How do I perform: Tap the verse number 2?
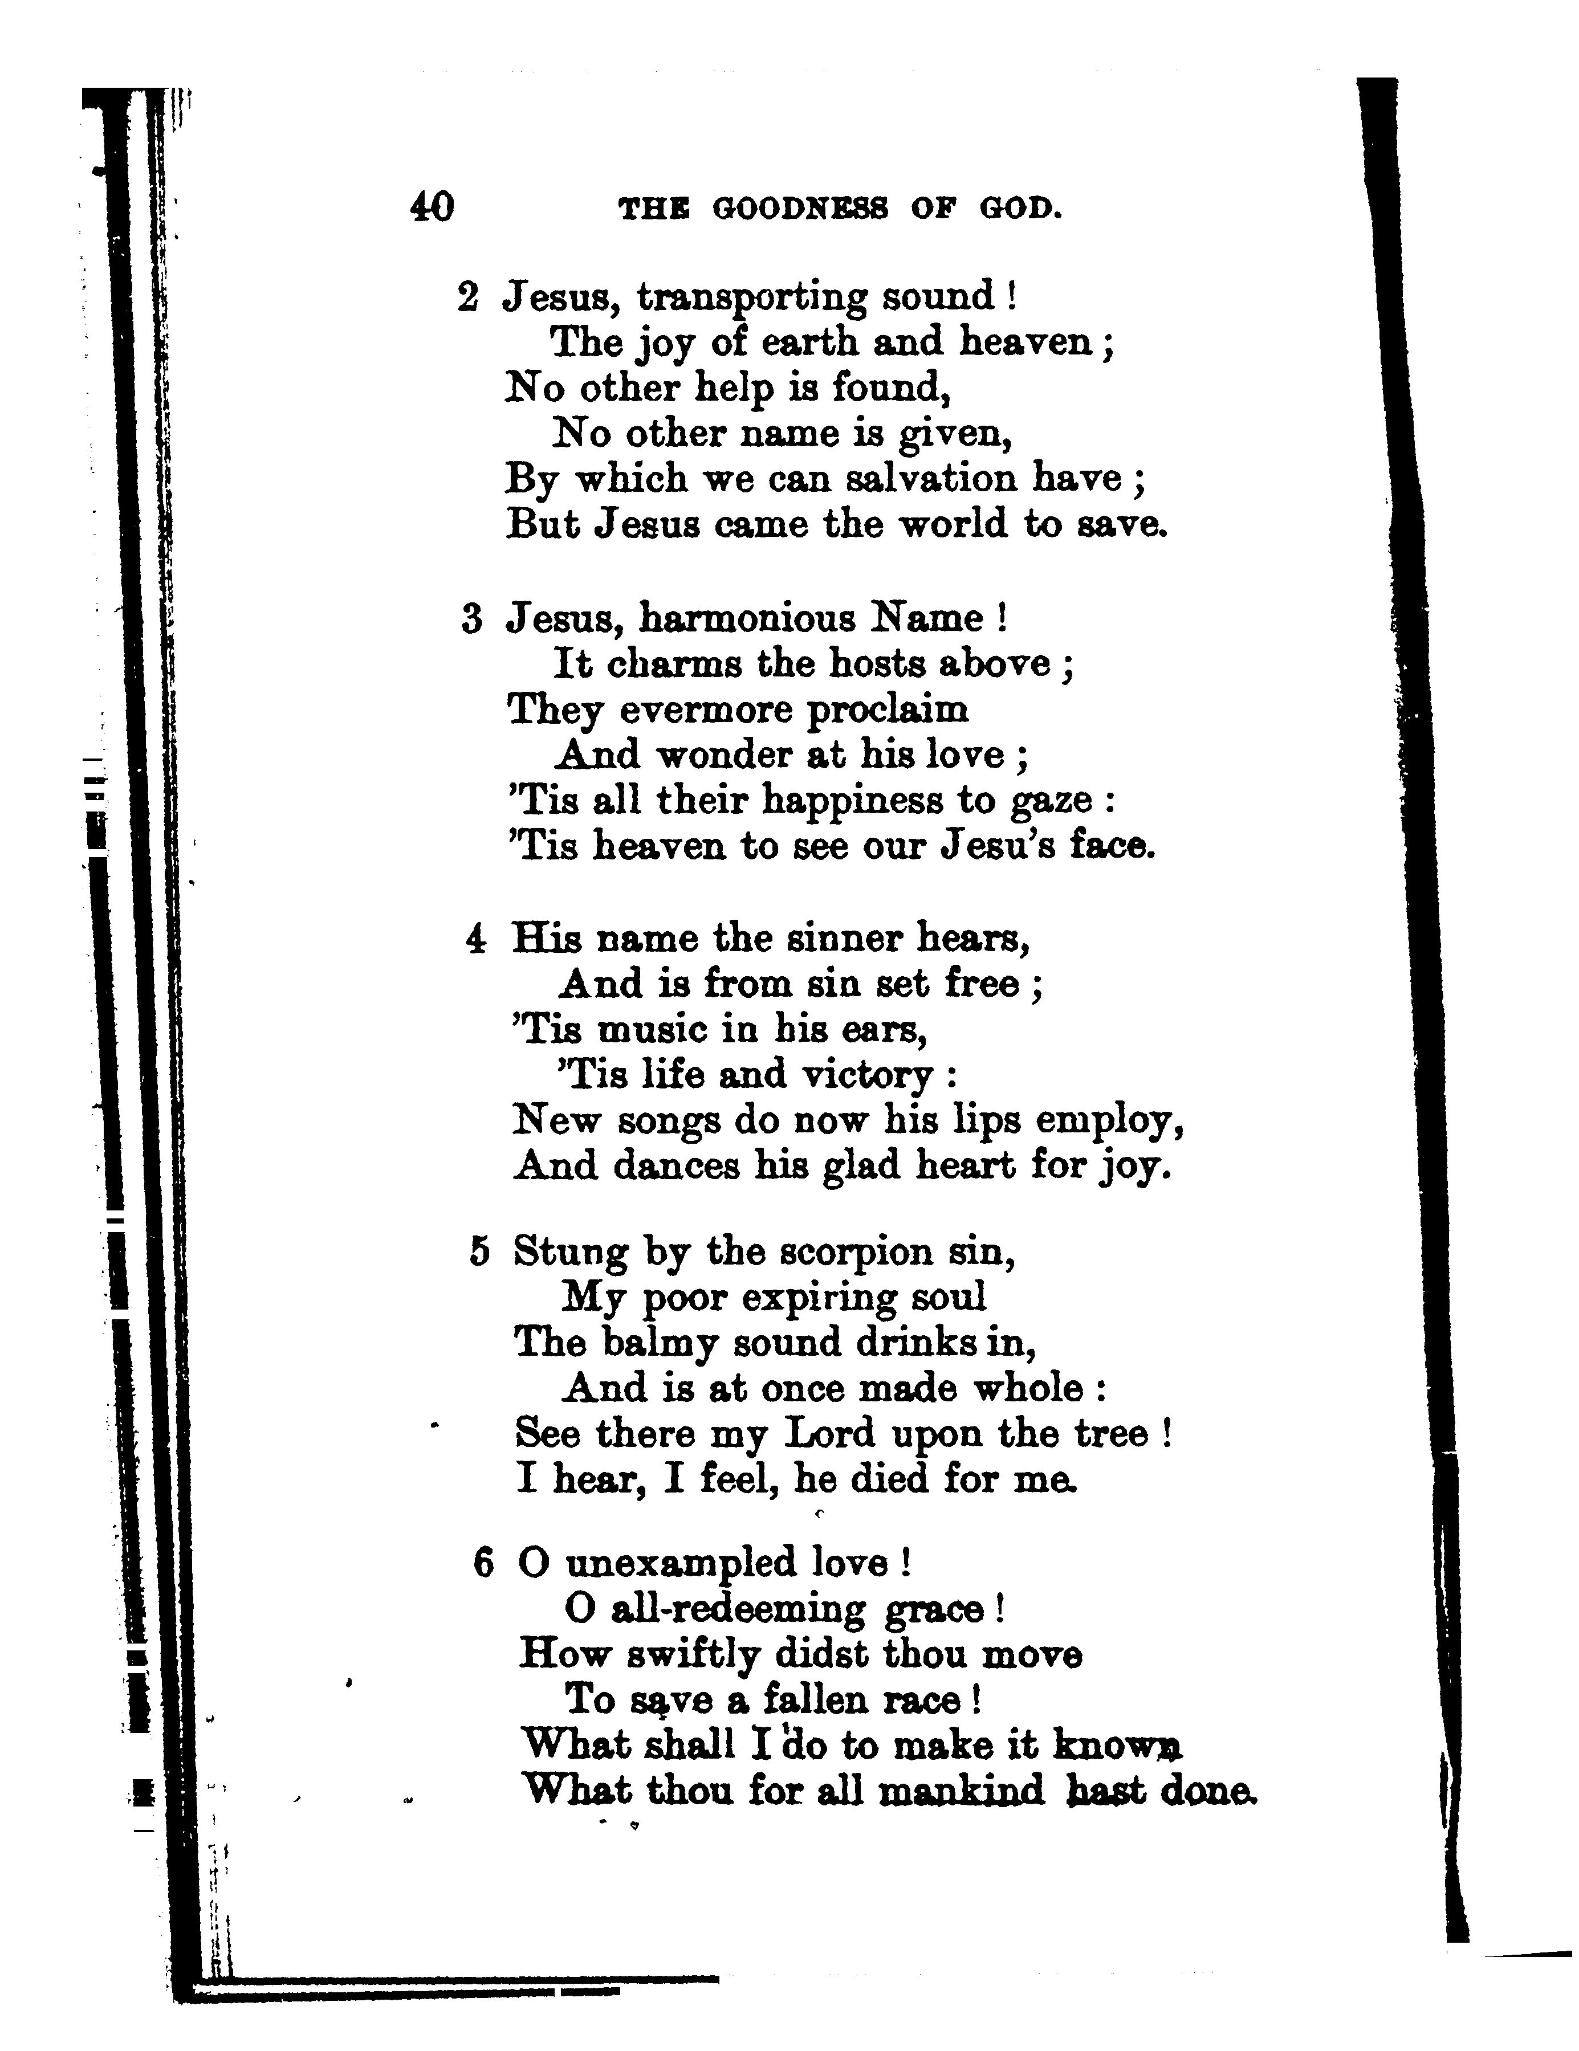[468, 297]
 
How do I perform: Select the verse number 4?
[476, 938]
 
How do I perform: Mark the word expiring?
[817, 1298]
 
